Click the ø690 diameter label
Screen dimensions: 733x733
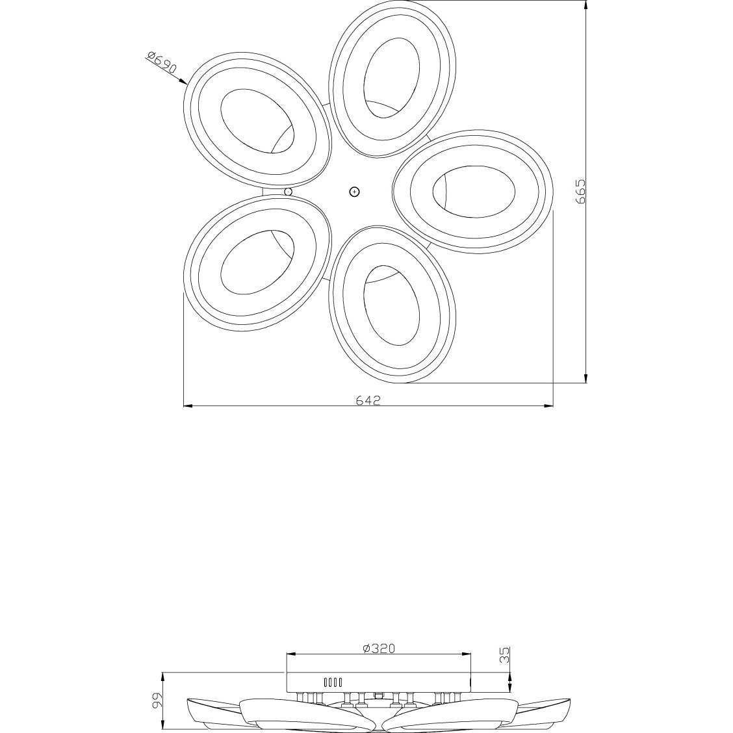pos(162,62)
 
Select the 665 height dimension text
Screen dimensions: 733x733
pos(580,191)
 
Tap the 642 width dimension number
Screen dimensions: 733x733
pos(368,400)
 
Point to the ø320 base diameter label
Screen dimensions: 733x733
pos(379,648)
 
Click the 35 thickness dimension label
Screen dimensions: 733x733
pos(505,655)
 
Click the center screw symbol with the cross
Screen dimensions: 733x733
pos(355,191)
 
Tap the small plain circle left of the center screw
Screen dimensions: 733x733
pos(289,192)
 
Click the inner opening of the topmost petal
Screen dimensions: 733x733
pos(391,78)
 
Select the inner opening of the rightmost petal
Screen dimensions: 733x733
pos(474,191)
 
